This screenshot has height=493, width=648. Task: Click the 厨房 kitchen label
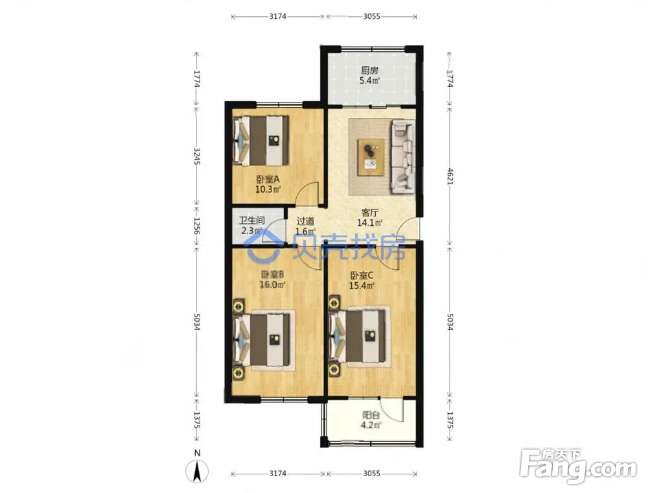369,71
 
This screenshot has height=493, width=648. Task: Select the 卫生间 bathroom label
251,221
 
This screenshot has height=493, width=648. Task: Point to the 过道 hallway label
305,221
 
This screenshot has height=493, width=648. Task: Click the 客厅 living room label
370,213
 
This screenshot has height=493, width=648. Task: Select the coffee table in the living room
371,157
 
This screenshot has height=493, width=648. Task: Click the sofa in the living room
402,157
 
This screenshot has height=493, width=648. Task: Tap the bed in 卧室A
260,141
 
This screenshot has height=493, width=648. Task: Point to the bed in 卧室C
358,336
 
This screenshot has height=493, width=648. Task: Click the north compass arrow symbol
198,472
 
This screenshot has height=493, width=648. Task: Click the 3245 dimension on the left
197,156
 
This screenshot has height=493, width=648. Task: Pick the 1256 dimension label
197,226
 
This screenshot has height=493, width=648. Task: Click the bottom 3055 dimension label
371,474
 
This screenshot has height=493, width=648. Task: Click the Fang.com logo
578,466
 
